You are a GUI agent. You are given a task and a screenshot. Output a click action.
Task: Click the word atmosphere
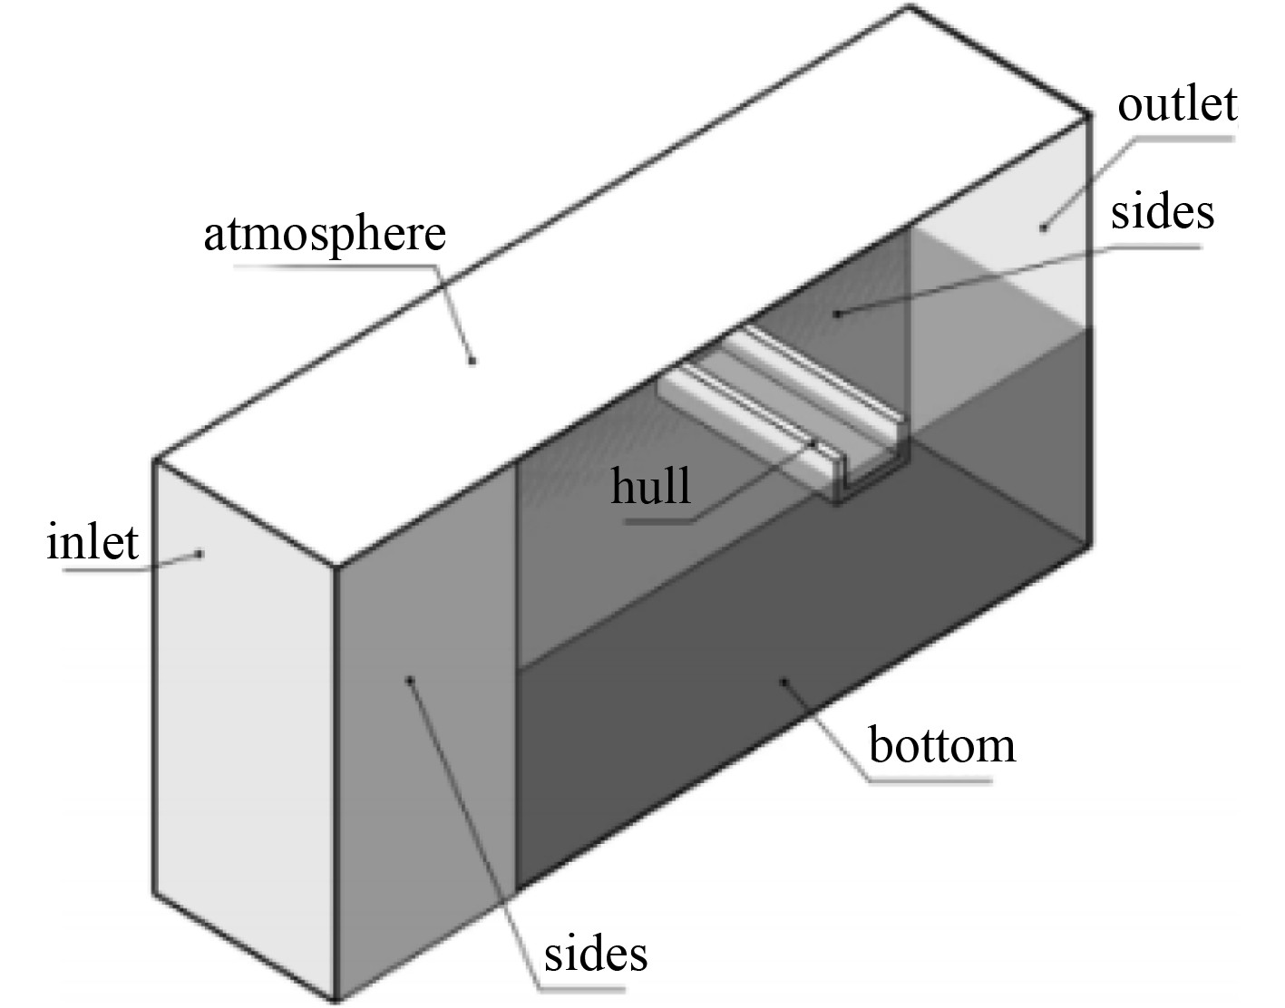pos(325,234)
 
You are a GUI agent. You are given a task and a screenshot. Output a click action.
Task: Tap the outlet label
pos(1176,104)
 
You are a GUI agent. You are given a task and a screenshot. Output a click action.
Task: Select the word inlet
pos(93,543)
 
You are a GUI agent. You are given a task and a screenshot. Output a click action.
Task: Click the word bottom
pos(942,746)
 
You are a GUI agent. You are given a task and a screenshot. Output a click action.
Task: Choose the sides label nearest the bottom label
pos(596,954)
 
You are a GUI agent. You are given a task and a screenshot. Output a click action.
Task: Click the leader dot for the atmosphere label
pos(472,361)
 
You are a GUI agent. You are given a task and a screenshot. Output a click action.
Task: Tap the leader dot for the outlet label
pos(1044,227)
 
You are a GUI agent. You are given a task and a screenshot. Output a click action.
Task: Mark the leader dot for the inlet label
pos(201,553)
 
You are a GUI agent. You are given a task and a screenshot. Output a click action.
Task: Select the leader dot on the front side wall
pos(410,678)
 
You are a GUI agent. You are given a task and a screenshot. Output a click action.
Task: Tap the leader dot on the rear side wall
pos(839,314)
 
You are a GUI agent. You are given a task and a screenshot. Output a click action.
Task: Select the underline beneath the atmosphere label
pos(336,266)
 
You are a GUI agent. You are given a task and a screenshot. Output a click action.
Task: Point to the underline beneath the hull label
pos(657,521)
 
